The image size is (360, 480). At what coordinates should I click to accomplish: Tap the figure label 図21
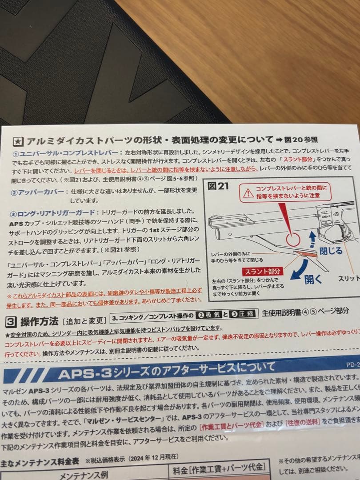click(218, 186)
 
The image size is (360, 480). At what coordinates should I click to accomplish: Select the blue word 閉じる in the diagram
click(331, 251)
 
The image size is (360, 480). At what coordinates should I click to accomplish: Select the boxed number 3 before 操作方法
click(12, 321)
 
